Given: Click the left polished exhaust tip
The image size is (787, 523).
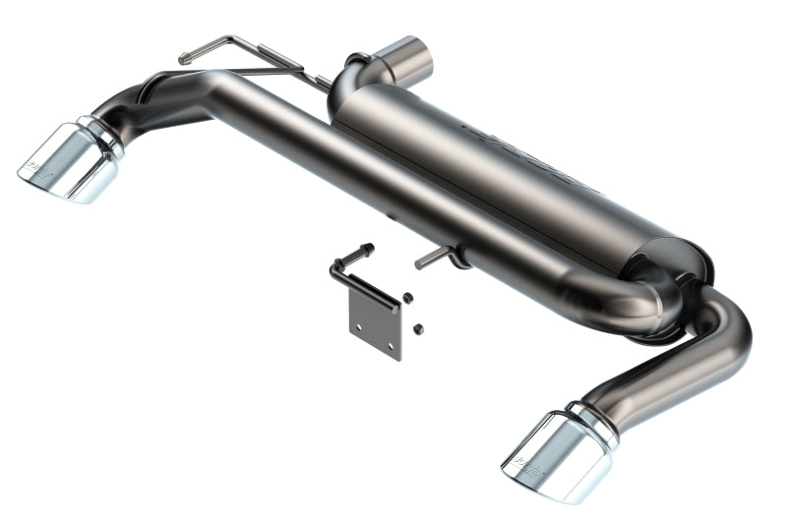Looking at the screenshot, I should pyautogui.click(x=67, y=162).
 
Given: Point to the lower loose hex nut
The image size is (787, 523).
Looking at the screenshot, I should pyautogui.click(x=417, y=327).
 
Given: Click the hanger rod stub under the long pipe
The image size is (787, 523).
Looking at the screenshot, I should pyautogui.click(x=431, y=260).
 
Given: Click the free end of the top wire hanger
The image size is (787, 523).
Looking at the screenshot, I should pyautogui.click(x=183, y=60).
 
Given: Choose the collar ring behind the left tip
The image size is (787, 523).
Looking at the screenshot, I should pyautogui.click(x=101, y=137).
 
